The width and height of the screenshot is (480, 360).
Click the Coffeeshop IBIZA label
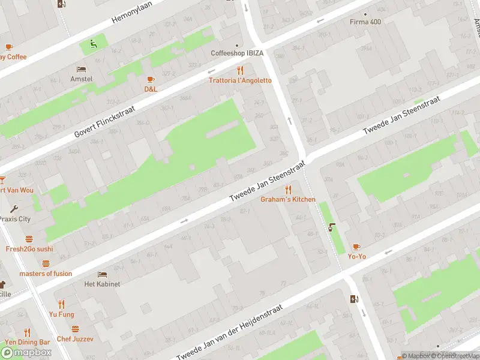[x=237, y=53]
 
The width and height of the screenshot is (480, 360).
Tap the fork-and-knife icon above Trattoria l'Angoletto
[x=240, y=70]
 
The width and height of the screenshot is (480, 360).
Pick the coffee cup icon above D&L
[x=151, y=79]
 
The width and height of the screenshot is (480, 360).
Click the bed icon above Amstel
[x=81, y=69]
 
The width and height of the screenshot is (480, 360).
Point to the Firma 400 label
[x=365, y=22]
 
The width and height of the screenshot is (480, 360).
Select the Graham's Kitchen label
[x=287, y=199]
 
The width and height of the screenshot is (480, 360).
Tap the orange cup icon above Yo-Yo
[x=356, y=247]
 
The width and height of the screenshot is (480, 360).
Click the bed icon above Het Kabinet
[x=102, y=274]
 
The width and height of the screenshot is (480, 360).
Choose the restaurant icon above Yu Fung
[x=61, y=304]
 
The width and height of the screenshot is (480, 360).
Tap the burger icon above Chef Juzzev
[x=75, y=329]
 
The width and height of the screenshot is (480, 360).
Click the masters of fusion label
[x=46, y=274]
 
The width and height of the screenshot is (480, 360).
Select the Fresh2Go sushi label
[x=29, y=248]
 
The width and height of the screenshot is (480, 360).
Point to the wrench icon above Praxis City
[x=14, y=209]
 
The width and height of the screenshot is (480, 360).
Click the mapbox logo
[x=26, y=352]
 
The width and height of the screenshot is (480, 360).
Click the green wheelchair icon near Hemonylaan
[x=92, y=43]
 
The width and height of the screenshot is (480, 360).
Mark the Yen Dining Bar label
[x=28, y=342]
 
